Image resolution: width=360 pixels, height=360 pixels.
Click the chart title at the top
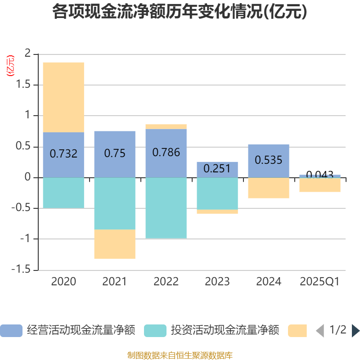click(x=180, y=12)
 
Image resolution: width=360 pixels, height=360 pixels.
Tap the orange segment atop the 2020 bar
click(x=63, y=97)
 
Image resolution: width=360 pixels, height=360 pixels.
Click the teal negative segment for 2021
click(x=115, y=203)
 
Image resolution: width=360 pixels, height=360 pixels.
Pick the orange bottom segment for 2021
click(x=115, y=244)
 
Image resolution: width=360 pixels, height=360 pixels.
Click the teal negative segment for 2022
click(x=166, y=208)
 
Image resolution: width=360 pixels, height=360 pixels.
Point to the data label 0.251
click(x=217, y=169)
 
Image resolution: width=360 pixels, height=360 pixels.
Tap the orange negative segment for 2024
click(x=269, y=188)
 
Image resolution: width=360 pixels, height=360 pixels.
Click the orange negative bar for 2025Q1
click(x=320, y=185)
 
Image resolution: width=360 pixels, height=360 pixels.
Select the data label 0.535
click(x=269, y=160)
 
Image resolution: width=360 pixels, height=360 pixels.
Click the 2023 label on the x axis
click(x=217, y=282)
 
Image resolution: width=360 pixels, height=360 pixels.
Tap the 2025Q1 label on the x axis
click(x=320, y=282)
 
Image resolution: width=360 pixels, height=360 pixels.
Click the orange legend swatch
click(x=297, y=331)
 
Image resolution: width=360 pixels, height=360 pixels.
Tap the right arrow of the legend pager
click(x=355, y=331)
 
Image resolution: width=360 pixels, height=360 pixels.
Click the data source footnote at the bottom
click(x=180, y=355)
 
